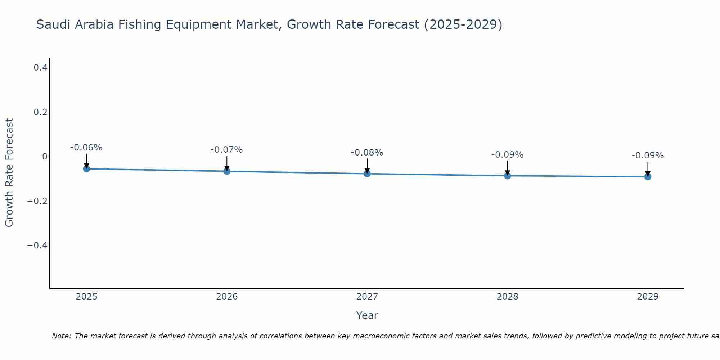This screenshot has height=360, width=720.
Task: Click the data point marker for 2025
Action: click(86, 168)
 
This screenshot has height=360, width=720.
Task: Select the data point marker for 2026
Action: click(227, 171)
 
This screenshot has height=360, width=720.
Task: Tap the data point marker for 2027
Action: click(367, 174)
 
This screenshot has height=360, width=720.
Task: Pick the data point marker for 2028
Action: click(508, 176)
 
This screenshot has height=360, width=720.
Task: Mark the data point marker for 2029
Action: click(648, 177)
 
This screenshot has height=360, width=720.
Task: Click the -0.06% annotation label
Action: click(86, 148)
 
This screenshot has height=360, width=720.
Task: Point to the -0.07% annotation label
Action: click(227, 150)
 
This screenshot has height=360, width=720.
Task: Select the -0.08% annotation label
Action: click(367, 153)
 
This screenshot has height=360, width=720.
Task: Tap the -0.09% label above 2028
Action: click(508, 155)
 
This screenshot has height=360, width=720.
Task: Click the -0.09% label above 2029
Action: click(648, 156)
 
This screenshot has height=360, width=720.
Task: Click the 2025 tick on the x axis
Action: click(87, 297)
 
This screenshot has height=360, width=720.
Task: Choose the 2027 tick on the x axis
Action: click(367, 297)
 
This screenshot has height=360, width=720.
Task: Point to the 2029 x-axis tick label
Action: click(648, 297)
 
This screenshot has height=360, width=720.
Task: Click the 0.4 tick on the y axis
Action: click(40, 67)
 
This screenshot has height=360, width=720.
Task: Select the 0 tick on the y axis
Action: click(45, 156)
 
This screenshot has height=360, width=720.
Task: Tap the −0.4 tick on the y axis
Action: click(37, 245)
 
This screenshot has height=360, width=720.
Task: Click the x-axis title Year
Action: click(367, 315)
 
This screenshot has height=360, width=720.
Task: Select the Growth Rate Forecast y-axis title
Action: click(9, 173)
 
